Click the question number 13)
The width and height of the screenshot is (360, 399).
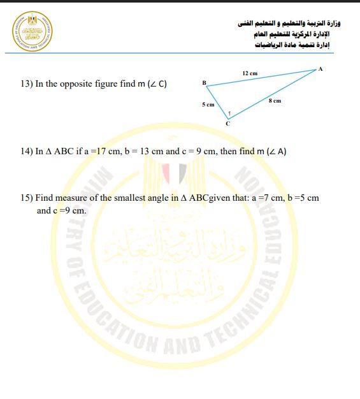[x=27, y=84]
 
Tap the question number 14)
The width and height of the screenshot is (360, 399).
[x=27, y=152]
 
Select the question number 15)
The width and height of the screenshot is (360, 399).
[x=27, y=198]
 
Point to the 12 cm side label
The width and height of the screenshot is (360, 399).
[x=250, y=74]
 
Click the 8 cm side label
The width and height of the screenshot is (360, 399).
[x=275, y=101]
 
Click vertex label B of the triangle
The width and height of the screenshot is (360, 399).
[x=204, y=83]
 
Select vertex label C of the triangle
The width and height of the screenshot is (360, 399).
[x=227, y=123]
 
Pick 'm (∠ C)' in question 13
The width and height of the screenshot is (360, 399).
[x=152, y=84]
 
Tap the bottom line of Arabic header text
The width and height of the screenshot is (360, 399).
[x=297, y=45]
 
